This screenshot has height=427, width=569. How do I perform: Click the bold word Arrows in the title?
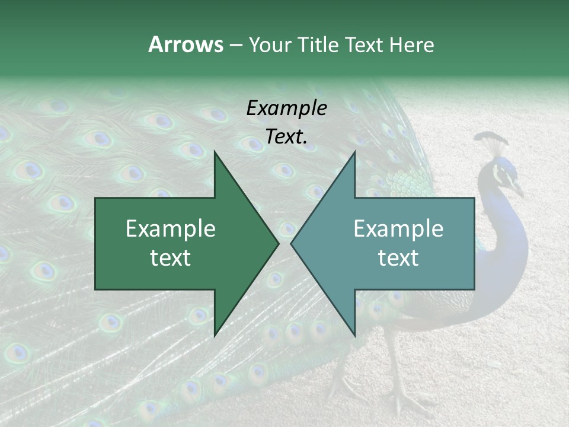click(x=186, y=44)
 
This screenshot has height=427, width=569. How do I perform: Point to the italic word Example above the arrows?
click(x=286, y=108)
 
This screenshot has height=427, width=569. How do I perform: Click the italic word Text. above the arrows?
click(x=286, y=136)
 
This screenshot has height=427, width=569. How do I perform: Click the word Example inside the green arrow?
click(x=171, y=228)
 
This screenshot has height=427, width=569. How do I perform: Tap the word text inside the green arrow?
click(x=171, y=257)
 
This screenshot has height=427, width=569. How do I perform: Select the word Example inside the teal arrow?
click(x=398, y=228)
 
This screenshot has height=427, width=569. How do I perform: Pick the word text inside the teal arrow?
click(x=398, y=257)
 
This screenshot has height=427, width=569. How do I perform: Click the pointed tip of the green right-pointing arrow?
click(x=279, y=243)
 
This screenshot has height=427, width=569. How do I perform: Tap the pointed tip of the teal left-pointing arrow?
click(x=291, y=243)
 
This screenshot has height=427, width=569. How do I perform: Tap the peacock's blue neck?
click(x=504, y=237)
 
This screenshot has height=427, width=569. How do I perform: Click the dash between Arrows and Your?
click(x=235, y=44)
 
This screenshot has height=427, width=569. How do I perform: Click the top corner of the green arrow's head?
click(x=215, y=152)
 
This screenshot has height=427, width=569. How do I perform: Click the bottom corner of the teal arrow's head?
click(x=354, y=336)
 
